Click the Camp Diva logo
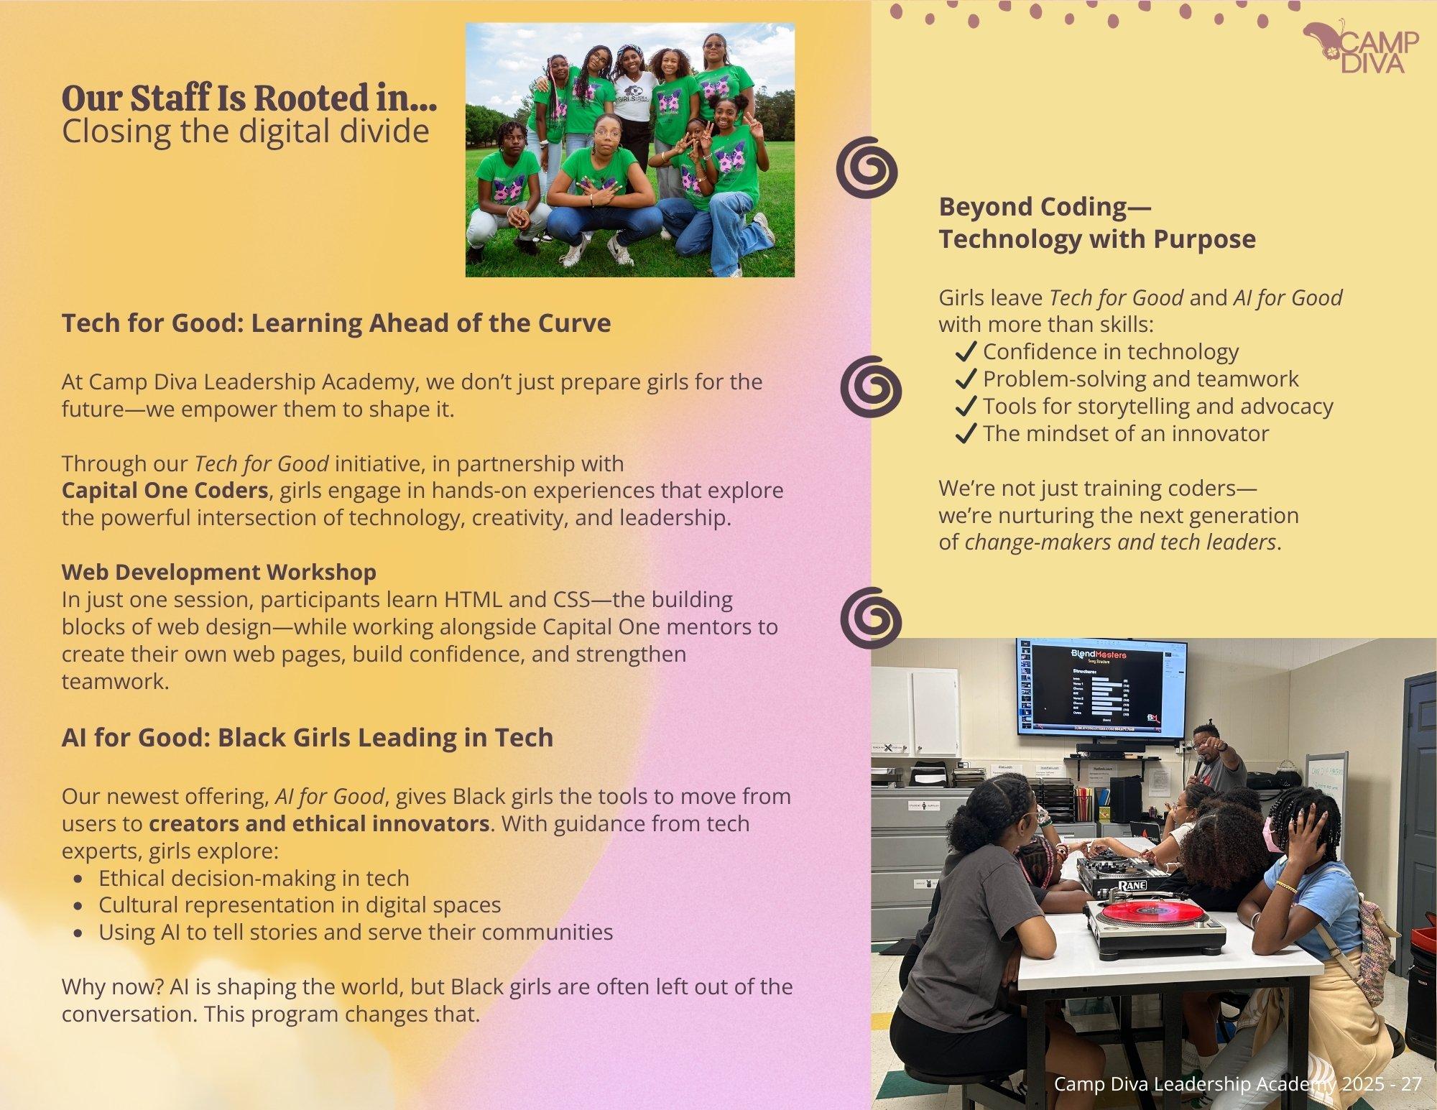pos(1361,47)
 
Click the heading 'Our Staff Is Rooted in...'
pos(249,98)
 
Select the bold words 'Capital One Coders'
pos(165,491)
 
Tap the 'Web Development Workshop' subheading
pos(219,572)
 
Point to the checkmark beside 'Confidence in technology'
pos(966,351)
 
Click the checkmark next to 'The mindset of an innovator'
pos(966,433)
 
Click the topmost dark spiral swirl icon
pos(867,167)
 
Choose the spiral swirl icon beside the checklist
pos(871,387)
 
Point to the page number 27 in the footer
pos(1410,1084)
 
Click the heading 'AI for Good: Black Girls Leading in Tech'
pos(308,738)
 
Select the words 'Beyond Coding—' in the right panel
pos(1045,207)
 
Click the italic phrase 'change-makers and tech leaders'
pos(1120,542)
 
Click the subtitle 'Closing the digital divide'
pos(246,131)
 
